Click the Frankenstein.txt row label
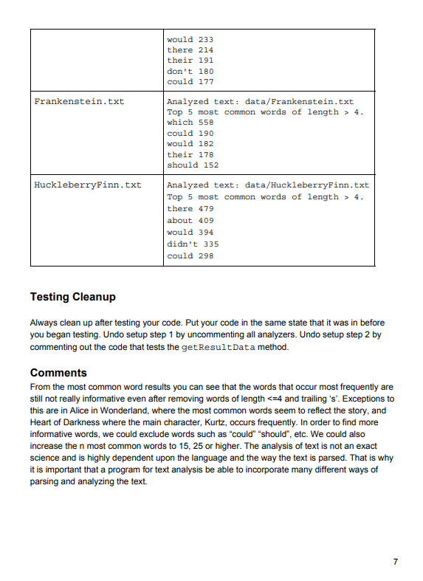pyautogui.click(x=79, y=101)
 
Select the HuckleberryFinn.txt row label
pyautogui.click(x=88, y=185)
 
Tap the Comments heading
pyautogui.click(x=58, y=373)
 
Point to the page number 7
pyautogui.click(x=396, y=562)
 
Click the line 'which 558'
pyautogui.click(x=190, y=123)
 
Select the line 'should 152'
pyautogui.click(x=193, y=165)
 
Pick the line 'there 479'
pyautogui.click(x=190, y=209)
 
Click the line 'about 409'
pyautogui.click(x=190, y=221)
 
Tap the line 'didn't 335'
pyautogui.click(x=193, y=244)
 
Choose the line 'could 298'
pyautogui.click(x=190, y=255)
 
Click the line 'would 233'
pyautogui.click(x=190, y=39)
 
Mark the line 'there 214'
pyautogui.click(x=190, y=49)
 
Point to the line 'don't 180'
pyautogui.click(x=190, y=71)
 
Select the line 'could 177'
pyautogui.click(x=190, y=82)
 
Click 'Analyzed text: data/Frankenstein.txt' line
pyautogui.click(x=260, y=101)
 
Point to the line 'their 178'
pyautogui.click(x=190, y=155)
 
